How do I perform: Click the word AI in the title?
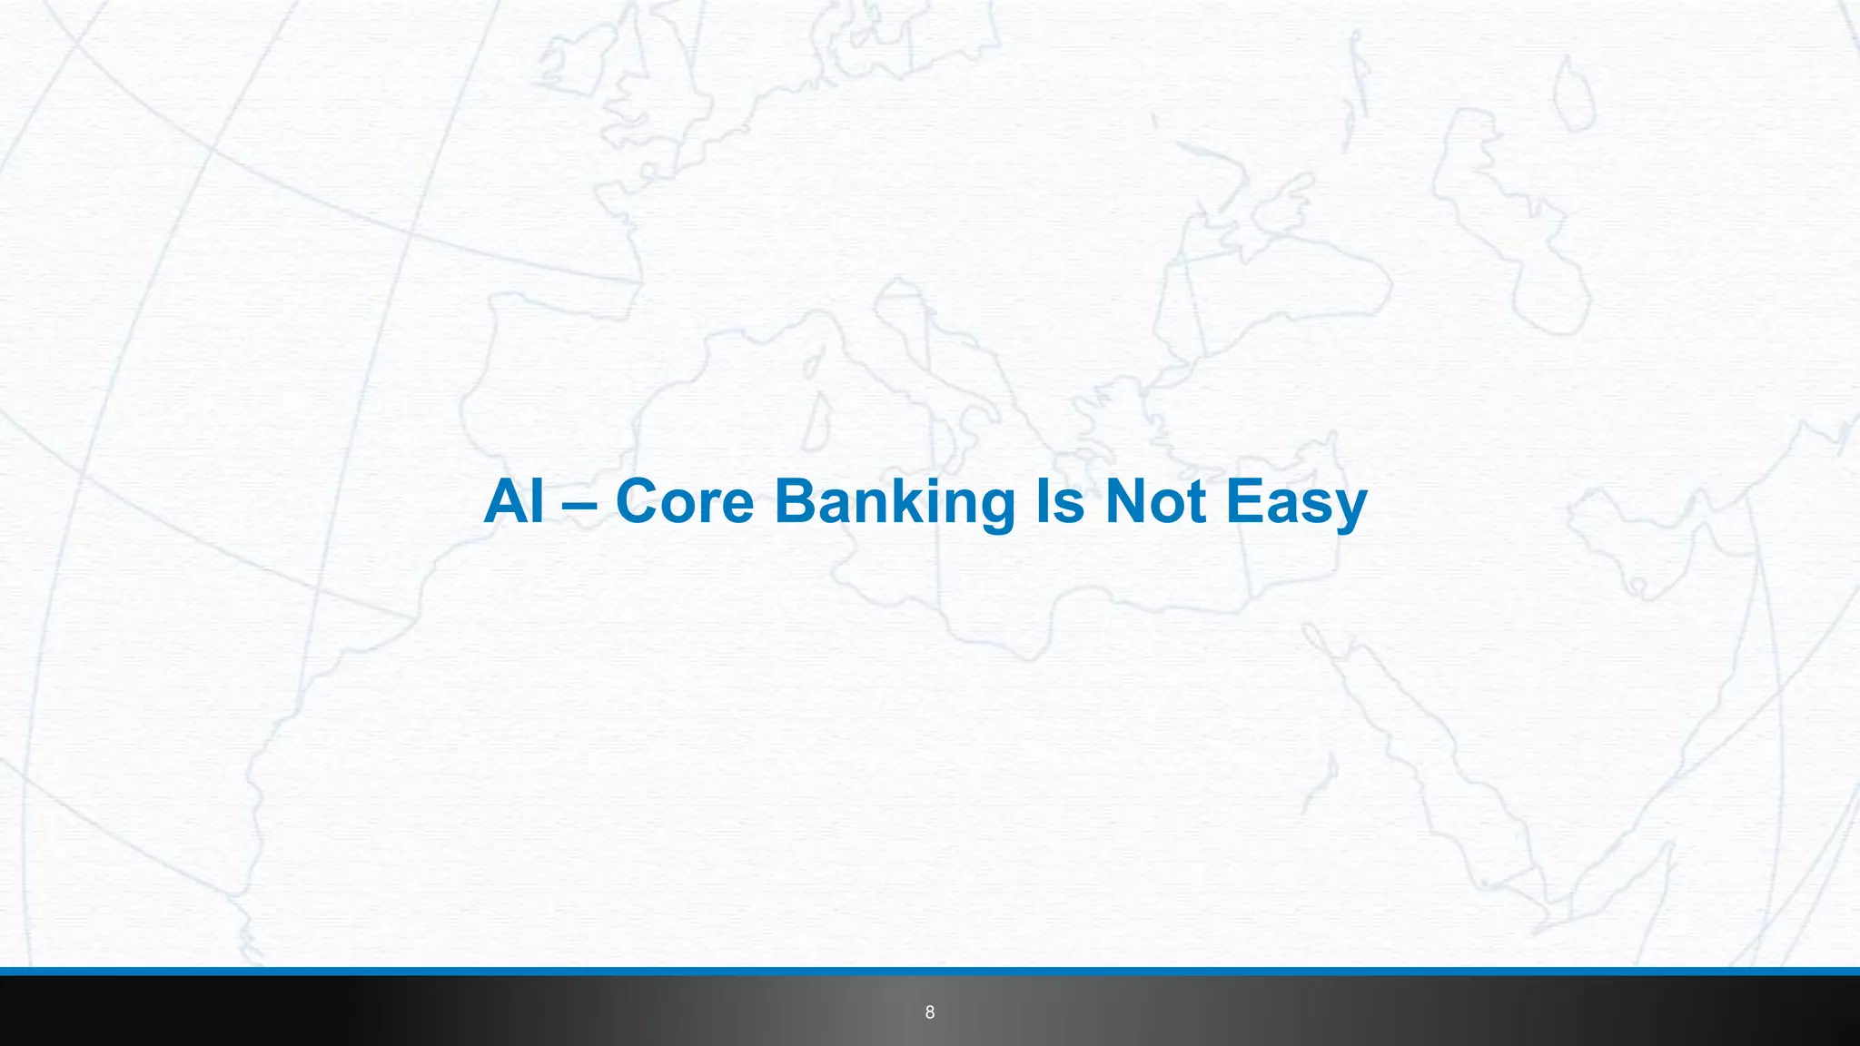click(514, 501)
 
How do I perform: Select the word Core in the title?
click(684, 501)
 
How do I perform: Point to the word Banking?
click(895, 503)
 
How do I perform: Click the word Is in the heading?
click(1060, 501)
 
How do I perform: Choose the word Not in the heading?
click(1155, 501)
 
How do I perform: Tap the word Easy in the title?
click(1296, 503)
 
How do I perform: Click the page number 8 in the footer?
click(929, 1012)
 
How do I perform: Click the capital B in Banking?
click(795, 501)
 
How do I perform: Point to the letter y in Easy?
click(1348, 508)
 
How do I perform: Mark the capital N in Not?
click(1126, 501)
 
